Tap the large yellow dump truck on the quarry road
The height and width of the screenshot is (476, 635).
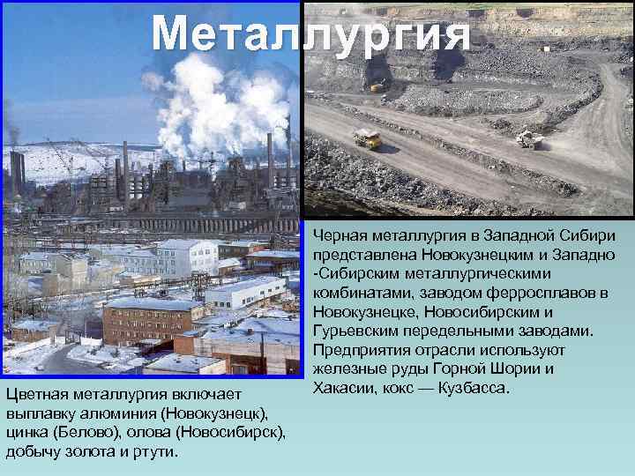pos(367,138)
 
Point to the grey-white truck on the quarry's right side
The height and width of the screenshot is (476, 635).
pos(528,139)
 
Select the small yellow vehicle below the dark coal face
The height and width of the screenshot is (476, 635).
pos(377,86)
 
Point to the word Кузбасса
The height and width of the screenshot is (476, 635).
pos(476,388)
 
